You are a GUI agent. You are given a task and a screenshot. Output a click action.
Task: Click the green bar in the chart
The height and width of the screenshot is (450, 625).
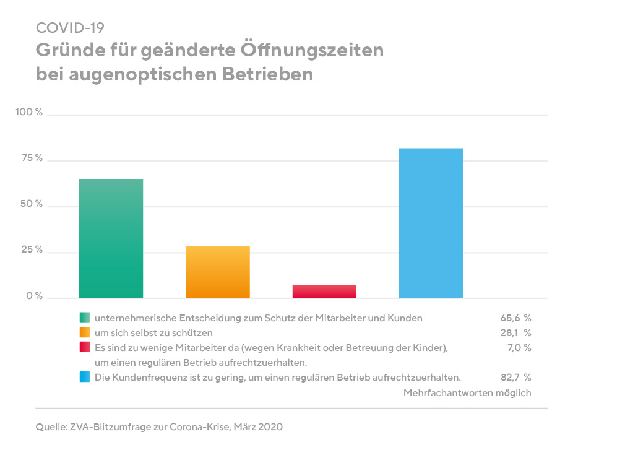pyautogui.click(x=111, y=238)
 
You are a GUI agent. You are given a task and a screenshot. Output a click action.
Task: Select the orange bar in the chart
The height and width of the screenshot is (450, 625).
pyautogui.click(x=218, y=272)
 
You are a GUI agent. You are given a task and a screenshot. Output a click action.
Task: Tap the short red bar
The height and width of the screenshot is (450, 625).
pyautogui.click(x=324, y=292)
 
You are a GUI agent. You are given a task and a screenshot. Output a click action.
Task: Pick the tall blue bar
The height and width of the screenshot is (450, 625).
pyautogui.click(x=431, y=223)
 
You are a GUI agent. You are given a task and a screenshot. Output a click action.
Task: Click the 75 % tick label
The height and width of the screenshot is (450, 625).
pyautogui.click(x=32, y=158)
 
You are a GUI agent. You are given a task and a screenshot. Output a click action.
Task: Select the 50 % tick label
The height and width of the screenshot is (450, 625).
pyautogui.click(x=32, y=204)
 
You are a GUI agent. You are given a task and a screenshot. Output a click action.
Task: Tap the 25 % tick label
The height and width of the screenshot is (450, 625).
pyautogui.click(x=32, y=251)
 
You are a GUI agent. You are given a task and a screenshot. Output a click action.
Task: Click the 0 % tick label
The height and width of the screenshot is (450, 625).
pyautogui.click(x=34, y=296)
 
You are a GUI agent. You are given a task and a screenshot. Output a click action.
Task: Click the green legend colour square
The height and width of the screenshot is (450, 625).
pyautogui.click(x=84, y=318)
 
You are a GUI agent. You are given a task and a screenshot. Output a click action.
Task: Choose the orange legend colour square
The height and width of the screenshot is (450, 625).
pyautogui.click(x=84, y=332)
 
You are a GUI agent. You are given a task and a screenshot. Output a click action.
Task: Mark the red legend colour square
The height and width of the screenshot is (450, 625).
pyautogui.click(x=84, y=347)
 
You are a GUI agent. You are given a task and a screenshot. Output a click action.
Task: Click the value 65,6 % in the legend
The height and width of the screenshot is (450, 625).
pyautogui.click(x=515, y=318)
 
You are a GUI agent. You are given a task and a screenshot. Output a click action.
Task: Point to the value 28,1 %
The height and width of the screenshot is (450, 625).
pyautogui.click(x=515, y=332)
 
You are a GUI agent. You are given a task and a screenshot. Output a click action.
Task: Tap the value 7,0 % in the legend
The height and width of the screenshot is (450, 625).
pyautogui.click(x=518, y=347)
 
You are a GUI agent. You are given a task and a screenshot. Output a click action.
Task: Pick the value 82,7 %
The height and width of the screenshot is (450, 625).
pyautogui.click(x=515, y=377)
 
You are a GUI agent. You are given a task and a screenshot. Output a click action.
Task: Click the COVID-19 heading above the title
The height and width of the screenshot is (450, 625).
pyautogui.click(x=70, y=28)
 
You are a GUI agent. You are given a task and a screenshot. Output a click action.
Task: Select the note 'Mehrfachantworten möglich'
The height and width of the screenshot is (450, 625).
pyautogui.click(x=467, y=392)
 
